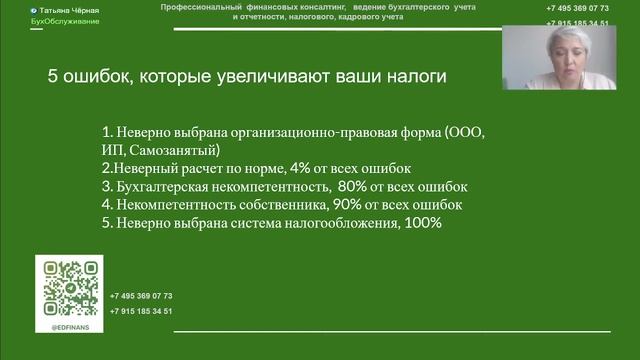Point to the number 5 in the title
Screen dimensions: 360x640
tap(53, 76)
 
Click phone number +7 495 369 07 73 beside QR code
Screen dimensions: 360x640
tap(141, 296)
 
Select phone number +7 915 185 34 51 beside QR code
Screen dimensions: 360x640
tap(141, 311)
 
